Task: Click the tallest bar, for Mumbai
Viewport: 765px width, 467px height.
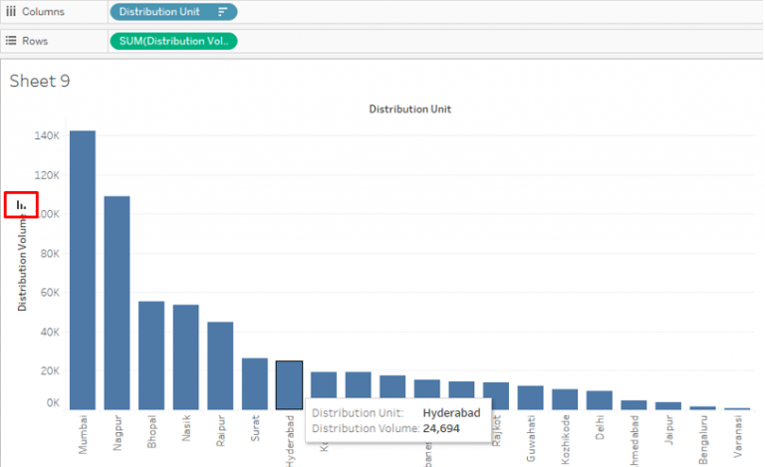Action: click(x=83, y=269)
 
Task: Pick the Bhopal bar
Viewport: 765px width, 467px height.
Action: click(x=151, y=354)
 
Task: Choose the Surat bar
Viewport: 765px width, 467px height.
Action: click(x=255, y=383)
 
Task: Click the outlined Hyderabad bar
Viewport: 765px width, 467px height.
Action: click(x=289, y=383)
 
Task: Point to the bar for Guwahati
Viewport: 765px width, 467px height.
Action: click(x=531, y=397)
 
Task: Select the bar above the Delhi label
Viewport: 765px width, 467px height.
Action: click(x=600, y=399)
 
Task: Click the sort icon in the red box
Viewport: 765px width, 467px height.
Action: click(x=21, y=205)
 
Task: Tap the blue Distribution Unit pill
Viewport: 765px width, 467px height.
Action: click(x=173, y=12)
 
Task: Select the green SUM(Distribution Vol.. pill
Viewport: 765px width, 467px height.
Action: click(x=173, y=41)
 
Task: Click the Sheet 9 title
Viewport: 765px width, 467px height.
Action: click(x=40, y=81)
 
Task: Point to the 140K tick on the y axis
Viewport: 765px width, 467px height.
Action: click(x=47, y=135)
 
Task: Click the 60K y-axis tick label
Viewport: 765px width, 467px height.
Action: click(x=49, y=292)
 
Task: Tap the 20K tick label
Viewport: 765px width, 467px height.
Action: click(x=49, y=370)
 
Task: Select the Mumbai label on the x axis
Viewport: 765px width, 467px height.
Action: click(x=83, y=434)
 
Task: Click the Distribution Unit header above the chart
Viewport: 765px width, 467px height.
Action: click(x=409, y=109)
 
